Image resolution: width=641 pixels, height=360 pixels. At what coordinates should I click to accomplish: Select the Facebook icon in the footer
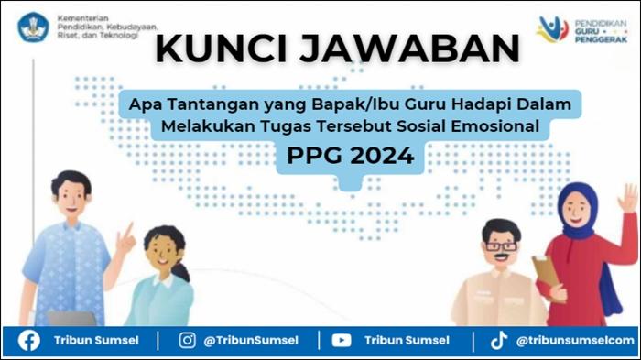pos(29,340)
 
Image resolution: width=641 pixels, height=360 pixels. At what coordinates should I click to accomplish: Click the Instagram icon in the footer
pos(187,340)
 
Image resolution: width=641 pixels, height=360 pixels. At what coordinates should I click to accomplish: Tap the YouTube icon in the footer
pos(342,340)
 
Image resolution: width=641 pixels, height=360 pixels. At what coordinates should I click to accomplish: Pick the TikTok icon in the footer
pos(498,340)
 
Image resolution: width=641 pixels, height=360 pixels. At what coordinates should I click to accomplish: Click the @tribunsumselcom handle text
pos(574,340)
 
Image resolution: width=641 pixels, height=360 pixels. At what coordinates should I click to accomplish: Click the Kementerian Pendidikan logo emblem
pos(34,26)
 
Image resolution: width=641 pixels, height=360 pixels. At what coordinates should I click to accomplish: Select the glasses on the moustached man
pos(501,245)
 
